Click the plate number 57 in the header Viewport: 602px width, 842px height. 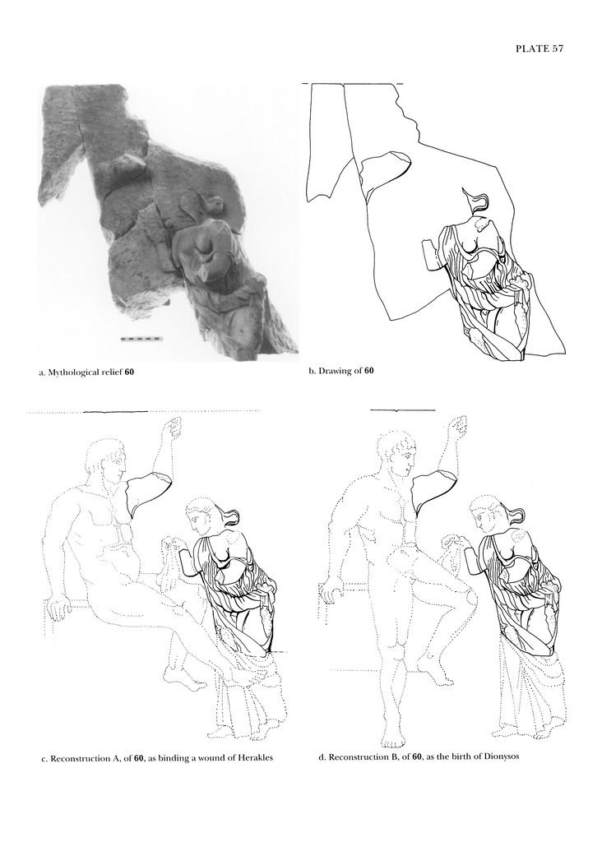tap(556, 49)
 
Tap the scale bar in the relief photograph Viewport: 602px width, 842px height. tap(141, 339)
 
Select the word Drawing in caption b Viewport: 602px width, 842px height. tap(333, 371)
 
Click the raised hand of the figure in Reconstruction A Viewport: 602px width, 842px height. tap(172, 428)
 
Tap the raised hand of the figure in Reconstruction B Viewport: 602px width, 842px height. tap(458, 425)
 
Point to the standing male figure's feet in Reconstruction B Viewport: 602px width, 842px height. tap(394, 739)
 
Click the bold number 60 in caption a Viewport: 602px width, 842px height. tap(129, 372)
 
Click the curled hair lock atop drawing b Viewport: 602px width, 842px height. tap(477, 201)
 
